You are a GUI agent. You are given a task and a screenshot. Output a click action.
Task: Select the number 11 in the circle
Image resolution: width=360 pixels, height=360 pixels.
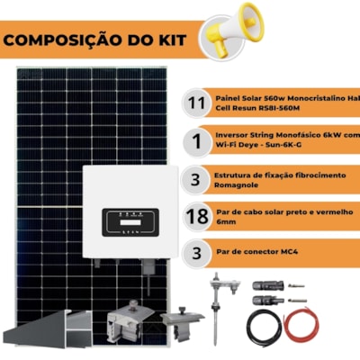pyautogui.click(x=196, y=103)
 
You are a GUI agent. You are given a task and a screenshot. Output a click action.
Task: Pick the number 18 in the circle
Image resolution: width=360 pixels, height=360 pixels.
pyautogui.click(x=197, y=216)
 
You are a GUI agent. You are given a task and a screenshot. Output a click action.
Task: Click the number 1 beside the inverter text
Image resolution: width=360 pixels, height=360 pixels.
pyautogui.click(x=197, y=141)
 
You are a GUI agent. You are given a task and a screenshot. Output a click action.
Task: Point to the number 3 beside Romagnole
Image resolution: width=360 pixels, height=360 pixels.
pyautogui.click(x=195, y=180)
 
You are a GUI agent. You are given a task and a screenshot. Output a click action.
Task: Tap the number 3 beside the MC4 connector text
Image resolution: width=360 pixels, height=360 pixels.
pyautogui.click(x=196, y=253)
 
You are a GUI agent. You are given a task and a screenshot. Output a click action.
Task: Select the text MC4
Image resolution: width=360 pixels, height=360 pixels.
pyautogui.click(x=289, y=251)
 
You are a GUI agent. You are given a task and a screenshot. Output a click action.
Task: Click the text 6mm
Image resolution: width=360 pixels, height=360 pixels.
pyautogui.click(x=226, y=222)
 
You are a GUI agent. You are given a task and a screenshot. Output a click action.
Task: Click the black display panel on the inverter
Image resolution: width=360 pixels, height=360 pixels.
pyautogui.click(x=130, y=222)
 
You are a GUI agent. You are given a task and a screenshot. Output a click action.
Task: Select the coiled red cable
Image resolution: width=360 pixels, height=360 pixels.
pyautogui.click(x=301, y=326)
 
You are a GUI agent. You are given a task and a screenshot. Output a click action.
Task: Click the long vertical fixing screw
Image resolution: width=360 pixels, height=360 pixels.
pyautogui.click(x=215, y=309)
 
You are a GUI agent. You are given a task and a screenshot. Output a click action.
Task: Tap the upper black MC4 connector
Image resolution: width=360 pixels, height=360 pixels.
pyautogui.click(x=268, y=285)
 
